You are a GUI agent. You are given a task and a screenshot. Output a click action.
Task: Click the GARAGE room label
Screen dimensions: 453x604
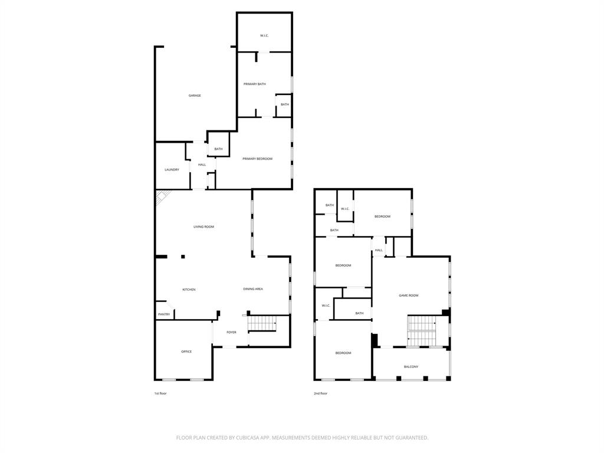[x=195, y=96]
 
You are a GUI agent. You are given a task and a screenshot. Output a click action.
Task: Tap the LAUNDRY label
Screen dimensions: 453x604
[x=172, y=170]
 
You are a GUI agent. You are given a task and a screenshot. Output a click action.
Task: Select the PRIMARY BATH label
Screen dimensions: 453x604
[x=255, y=84]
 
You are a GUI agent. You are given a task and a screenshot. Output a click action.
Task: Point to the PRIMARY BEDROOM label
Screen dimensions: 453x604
[x=257, y=159]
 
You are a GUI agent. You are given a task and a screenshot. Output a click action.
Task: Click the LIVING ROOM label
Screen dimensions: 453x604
[x=204, y=226]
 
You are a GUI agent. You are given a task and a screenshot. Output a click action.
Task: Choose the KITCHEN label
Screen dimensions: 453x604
[x=189, y=290]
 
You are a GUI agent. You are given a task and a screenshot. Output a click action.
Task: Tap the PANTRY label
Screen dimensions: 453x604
[x=164, y=314]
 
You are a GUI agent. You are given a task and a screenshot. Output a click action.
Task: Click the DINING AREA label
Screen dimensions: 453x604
[x=253, y=289]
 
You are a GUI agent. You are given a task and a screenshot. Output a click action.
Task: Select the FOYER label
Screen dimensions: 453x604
[x=231, y=332]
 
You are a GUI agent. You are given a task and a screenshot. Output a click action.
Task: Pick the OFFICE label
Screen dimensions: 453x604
[x=186, y=352]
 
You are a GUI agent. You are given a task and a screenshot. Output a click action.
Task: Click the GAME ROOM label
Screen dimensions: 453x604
[x=409, y=296]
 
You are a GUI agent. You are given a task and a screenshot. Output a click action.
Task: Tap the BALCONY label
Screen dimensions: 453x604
[x=411, y=367]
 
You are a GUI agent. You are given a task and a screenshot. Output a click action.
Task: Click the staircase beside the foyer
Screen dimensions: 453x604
[x=262, y=323]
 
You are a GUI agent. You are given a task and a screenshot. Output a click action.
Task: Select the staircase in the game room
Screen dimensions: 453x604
[x=421, y=331]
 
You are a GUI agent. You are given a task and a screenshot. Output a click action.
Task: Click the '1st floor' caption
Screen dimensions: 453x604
[x=160, y=393]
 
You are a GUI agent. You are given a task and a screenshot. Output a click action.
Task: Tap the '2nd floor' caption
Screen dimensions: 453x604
[x=320, y=393]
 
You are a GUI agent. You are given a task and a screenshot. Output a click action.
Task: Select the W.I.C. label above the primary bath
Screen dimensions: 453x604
[x=264, y=36]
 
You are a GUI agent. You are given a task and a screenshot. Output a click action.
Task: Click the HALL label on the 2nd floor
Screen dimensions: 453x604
[x=379, y=250]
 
